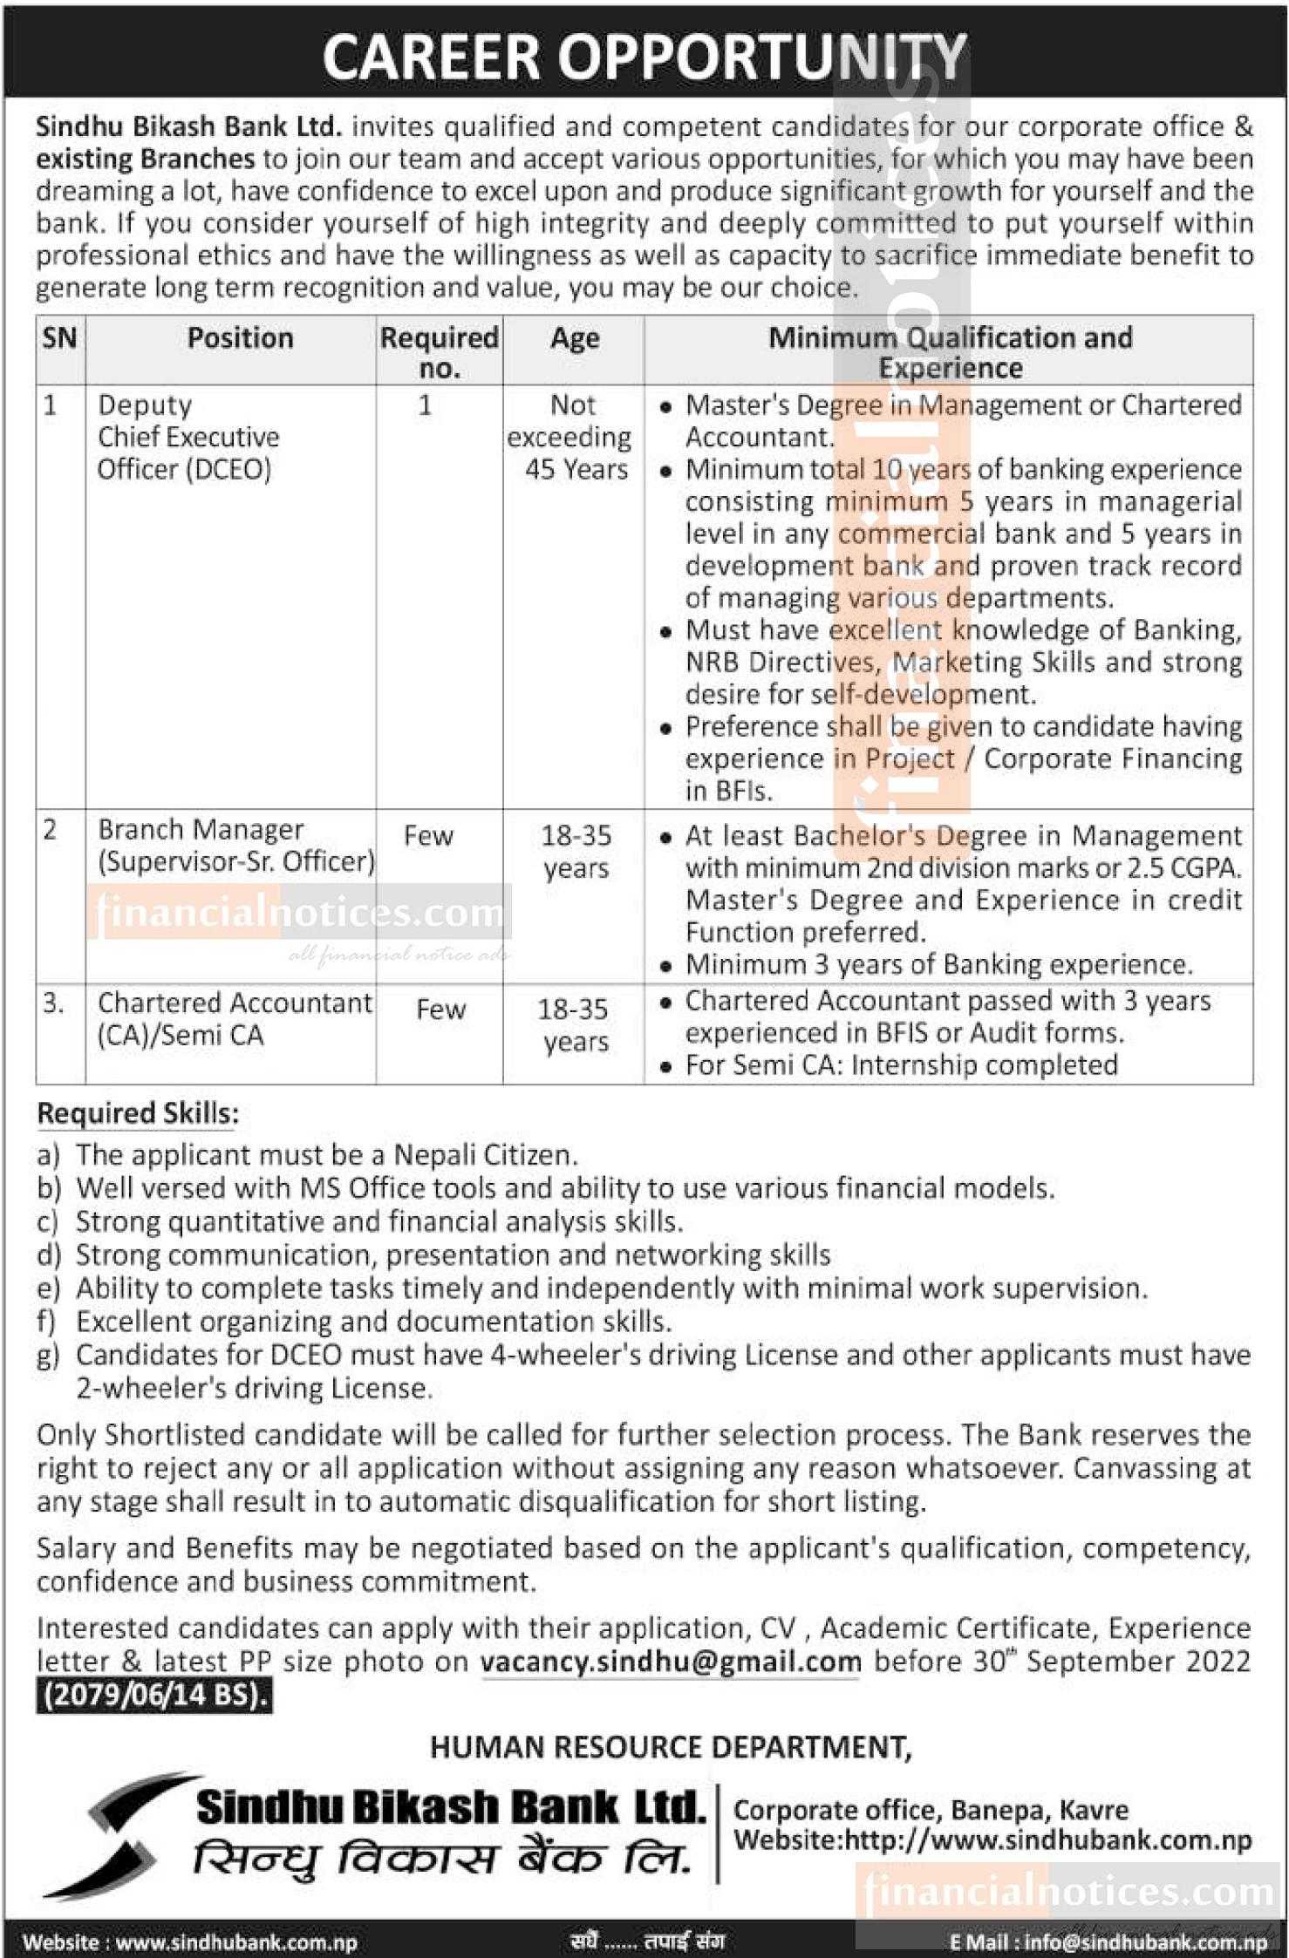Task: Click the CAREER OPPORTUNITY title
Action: click(644, 57)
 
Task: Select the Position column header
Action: click(240, 338)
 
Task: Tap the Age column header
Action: click(574, 338)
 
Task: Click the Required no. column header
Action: click(440, 352)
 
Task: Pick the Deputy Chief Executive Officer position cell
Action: click(188, 437)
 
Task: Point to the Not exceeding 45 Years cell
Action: click(573, 437)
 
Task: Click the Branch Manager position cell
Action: click(235, 845)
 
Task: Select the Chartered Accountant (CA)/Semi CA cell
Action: click(234, 1018)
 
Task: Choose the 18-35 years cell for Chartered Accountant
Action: click(573, 1025)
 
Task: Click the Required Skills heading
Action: click(138, 1113)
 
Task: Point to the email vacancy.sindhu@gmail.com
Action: click(671, 1662)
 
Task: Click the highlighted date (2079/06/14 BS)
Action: click(153, 1695)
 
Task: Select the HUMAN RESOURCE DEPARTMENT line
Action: click(671, 1747)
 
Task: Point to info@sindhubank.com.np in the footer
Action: click(1144, 1941)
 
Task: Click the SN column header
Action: click(59, 338)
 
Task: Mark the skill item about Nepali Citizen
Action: click(326, 1155)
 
